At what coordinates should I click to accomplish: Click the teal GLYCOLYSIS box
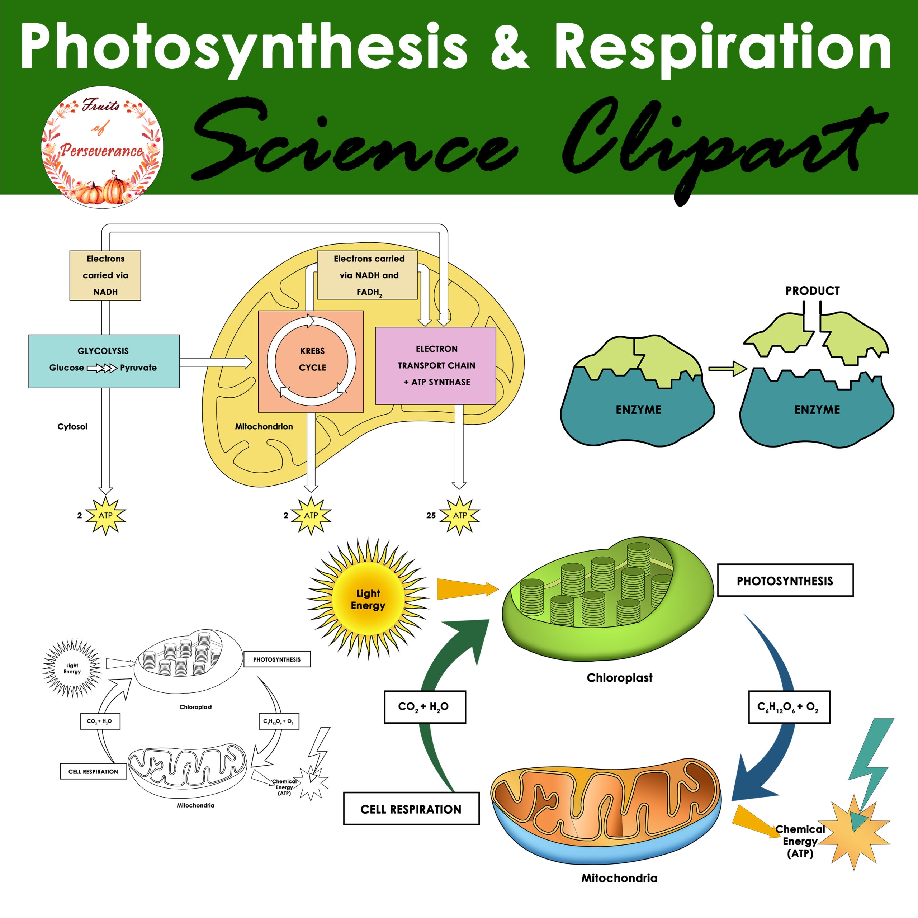(x=104, y=361)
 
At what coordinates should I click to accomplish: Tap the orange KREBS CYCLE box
(x=311, y=361)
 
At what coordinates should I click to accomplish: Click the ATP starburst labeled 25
(x=459, y=516)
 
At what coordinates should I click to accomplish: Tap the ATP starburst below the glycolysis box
(x=105, y=516)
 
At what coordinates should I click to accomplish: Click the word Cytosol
(x=72, y=427)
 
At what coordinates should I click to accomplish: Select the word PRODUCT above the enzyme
(x=812, y=291)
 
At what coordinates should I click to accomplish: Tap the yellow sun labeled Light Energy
(x=368, y=599)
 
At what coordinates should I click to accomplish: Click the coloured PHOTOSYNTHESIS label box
(x=785, y=580)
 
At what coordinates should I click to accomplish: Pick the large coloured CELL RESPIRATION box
(x=411, y=809)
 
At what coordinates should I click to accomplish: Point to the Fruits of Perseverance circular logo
(x=103, y=147)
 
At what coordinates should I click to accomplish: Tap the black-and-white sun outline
(x=72, y=668)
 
